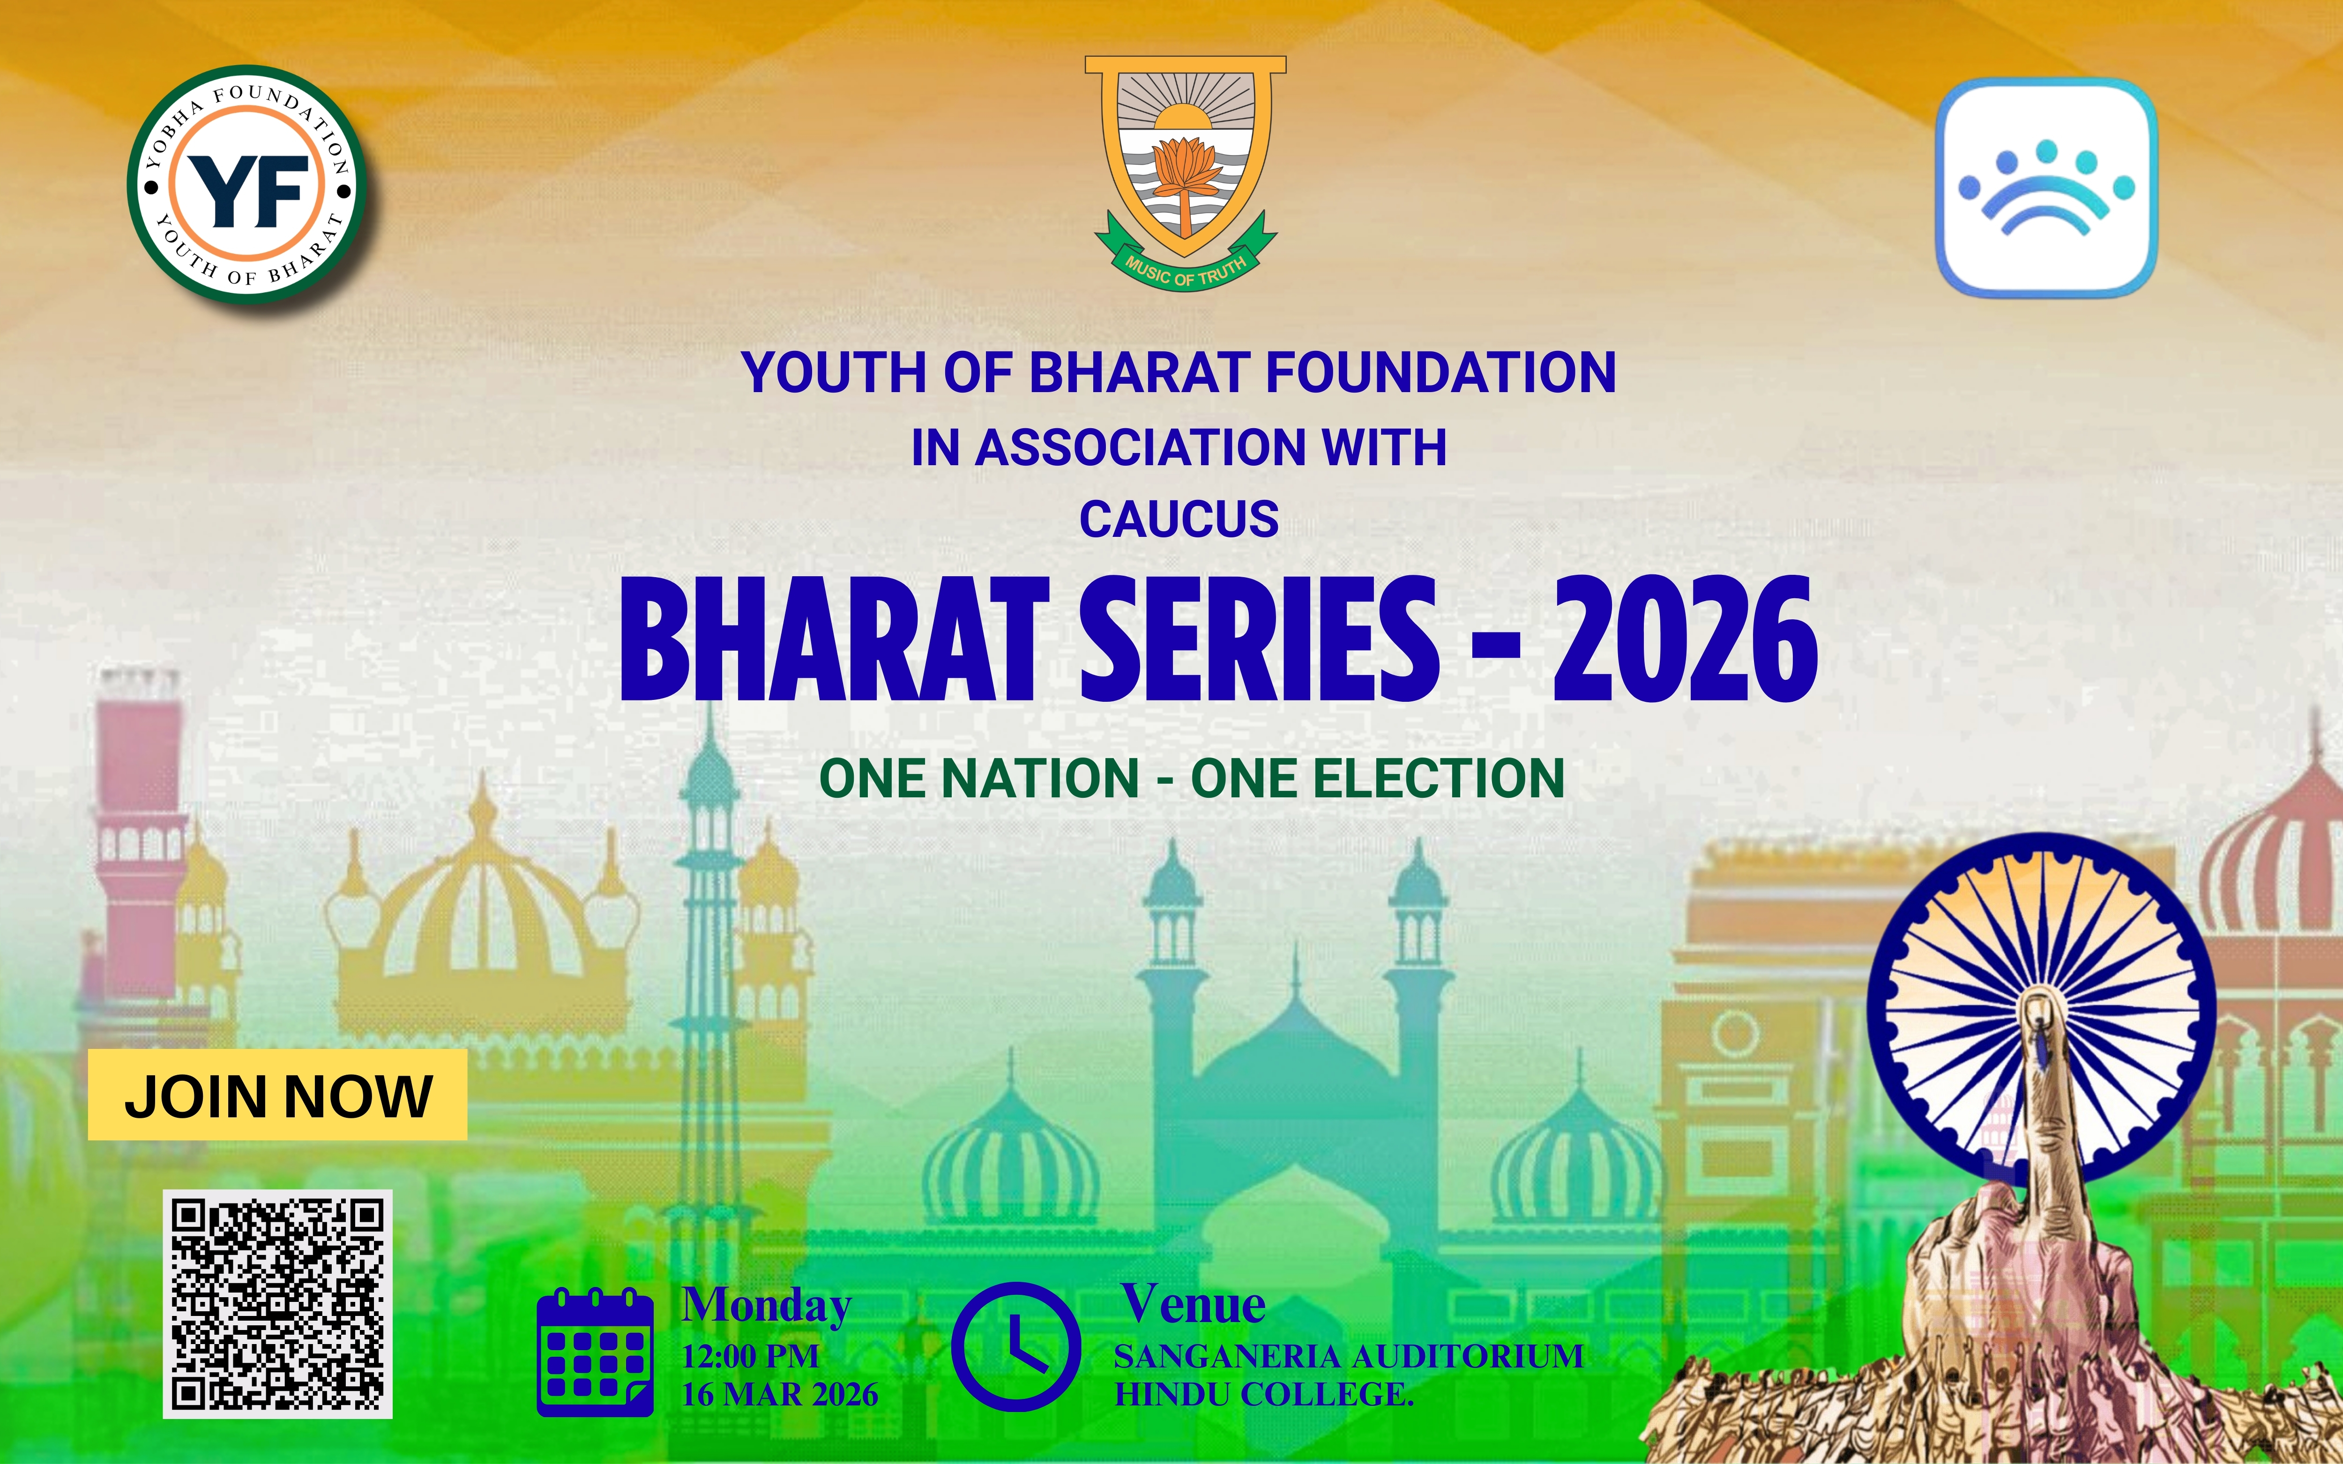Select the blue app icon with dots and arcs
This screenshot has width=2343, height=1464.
point(2046,187)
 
